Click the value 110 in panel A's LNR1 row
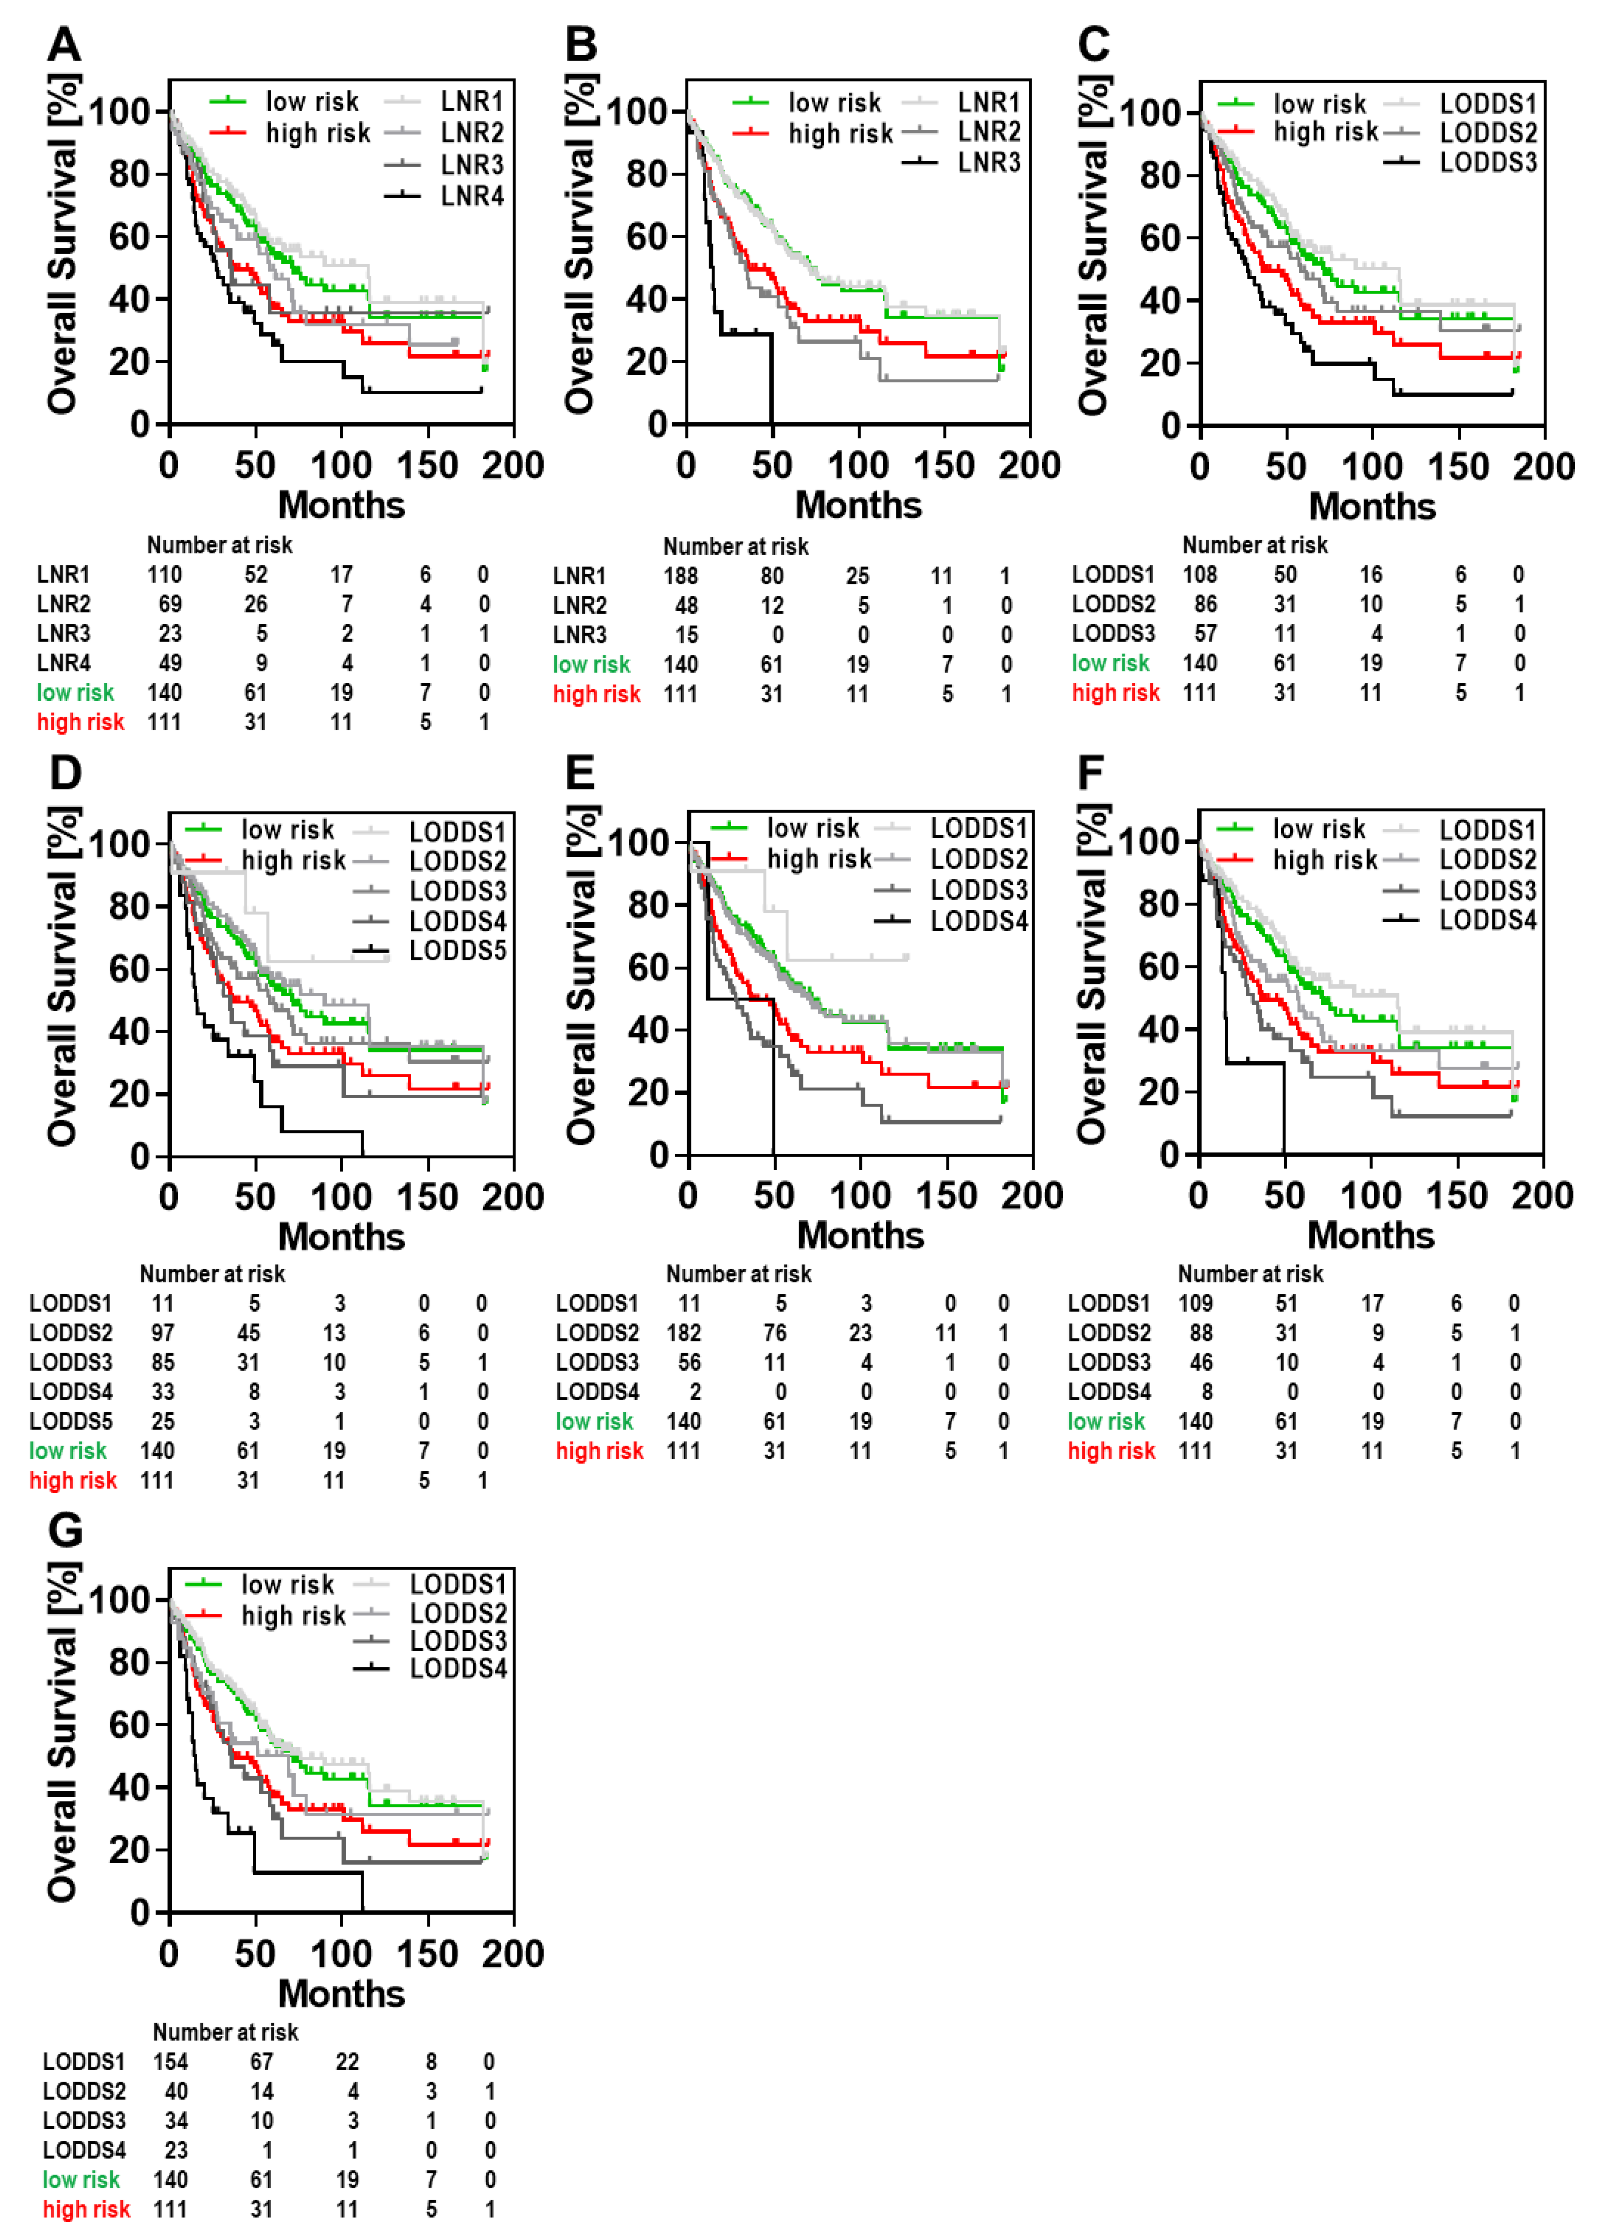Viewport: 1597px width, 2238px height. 164,574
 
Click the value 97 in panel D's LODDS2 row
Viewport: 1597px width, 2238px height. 162,1333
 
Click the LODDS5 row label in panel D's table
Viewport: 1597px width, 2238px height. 71,1421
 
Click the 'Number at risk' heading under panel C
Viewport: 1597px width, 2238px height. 1255,545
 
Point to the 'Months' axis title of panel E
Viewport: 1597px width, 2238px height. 861,1235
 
